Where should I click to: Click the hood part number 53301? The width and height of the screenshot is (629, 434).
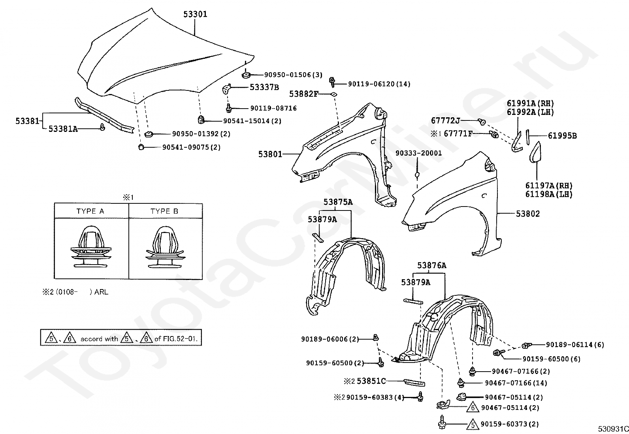point(195,14)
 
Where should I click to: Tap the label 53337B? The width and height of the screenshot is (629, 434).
point(264,87)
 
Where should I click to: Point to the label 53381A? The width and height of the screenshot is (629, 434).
point(63,128)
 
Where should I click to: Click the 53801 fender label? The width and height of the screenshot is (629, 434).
point(270,154)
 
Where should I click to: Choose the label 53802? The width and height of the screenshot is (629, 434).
point(528,214)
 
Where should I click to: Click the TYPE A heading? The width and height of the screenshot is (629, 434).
point(90,211)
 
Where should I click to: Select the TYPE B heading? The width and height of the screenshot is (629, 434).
point(164,211)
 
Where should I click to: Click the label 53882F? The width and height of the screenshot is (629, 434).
point(303,94)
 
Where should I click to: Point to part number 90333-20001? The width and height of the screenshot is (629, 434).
point(419,153)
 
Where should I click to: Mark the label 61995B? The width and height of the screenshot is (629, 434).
point(562,136)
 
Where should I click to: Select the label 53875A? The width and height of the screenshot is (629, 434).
point(338,202)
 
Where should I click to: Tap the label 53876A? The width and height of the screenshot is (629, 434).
point(431,265)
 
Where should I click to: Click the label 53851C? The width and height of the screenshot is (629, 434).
point(371,381)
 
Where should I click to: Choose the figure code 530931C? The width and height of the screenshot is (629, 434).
point(612,429)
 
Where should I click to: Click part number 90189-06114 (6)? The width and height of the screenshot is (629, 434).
point(575,345)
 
